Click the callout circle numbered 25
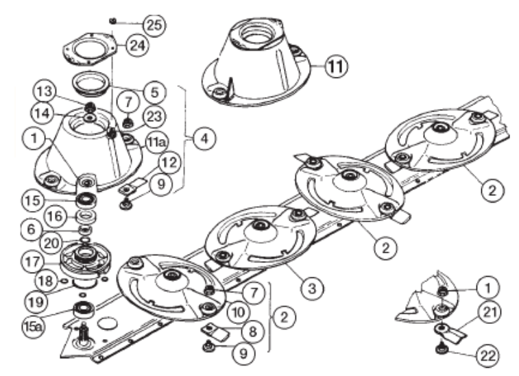[x=154, y=25]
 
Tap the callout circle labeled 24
[x=138, y=45]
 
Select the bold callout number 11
[x=337, y=67]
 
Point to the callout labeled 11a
[x=156, y=142]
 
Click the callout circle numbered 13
[x=45, y=91]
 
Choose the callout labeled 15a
[x=33, y=327]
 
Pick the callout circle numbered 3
[x=312, y=288]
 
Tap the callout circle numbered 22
[x=487, y=356]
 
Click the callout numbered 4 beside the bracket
[x=205, y=138]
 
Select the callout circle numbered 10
[x=239, y=312]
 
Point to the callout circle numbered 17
[x=34, y=262]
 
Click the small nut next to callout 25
[x=113, y=21]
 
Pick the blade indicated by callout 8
[x=215, y=333]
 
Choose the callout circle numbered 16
[x=55, y=216]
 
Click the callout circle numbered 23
[x=154, y=116]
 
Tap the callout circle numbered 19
[x=36, y=301]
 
